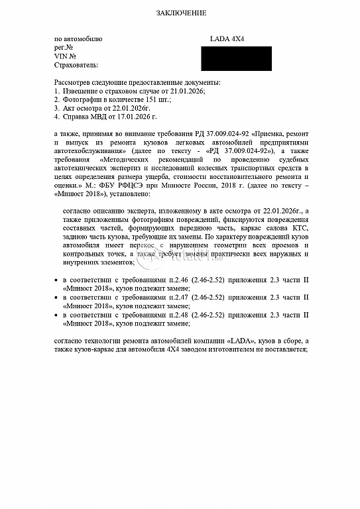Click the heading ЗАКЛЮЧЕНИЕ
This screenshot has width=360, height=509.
click(181, 13)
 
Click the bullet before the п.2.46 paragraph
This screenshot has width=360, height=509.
click(56, 282)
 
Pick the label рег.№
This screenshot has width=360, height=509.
click(64, 48)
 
